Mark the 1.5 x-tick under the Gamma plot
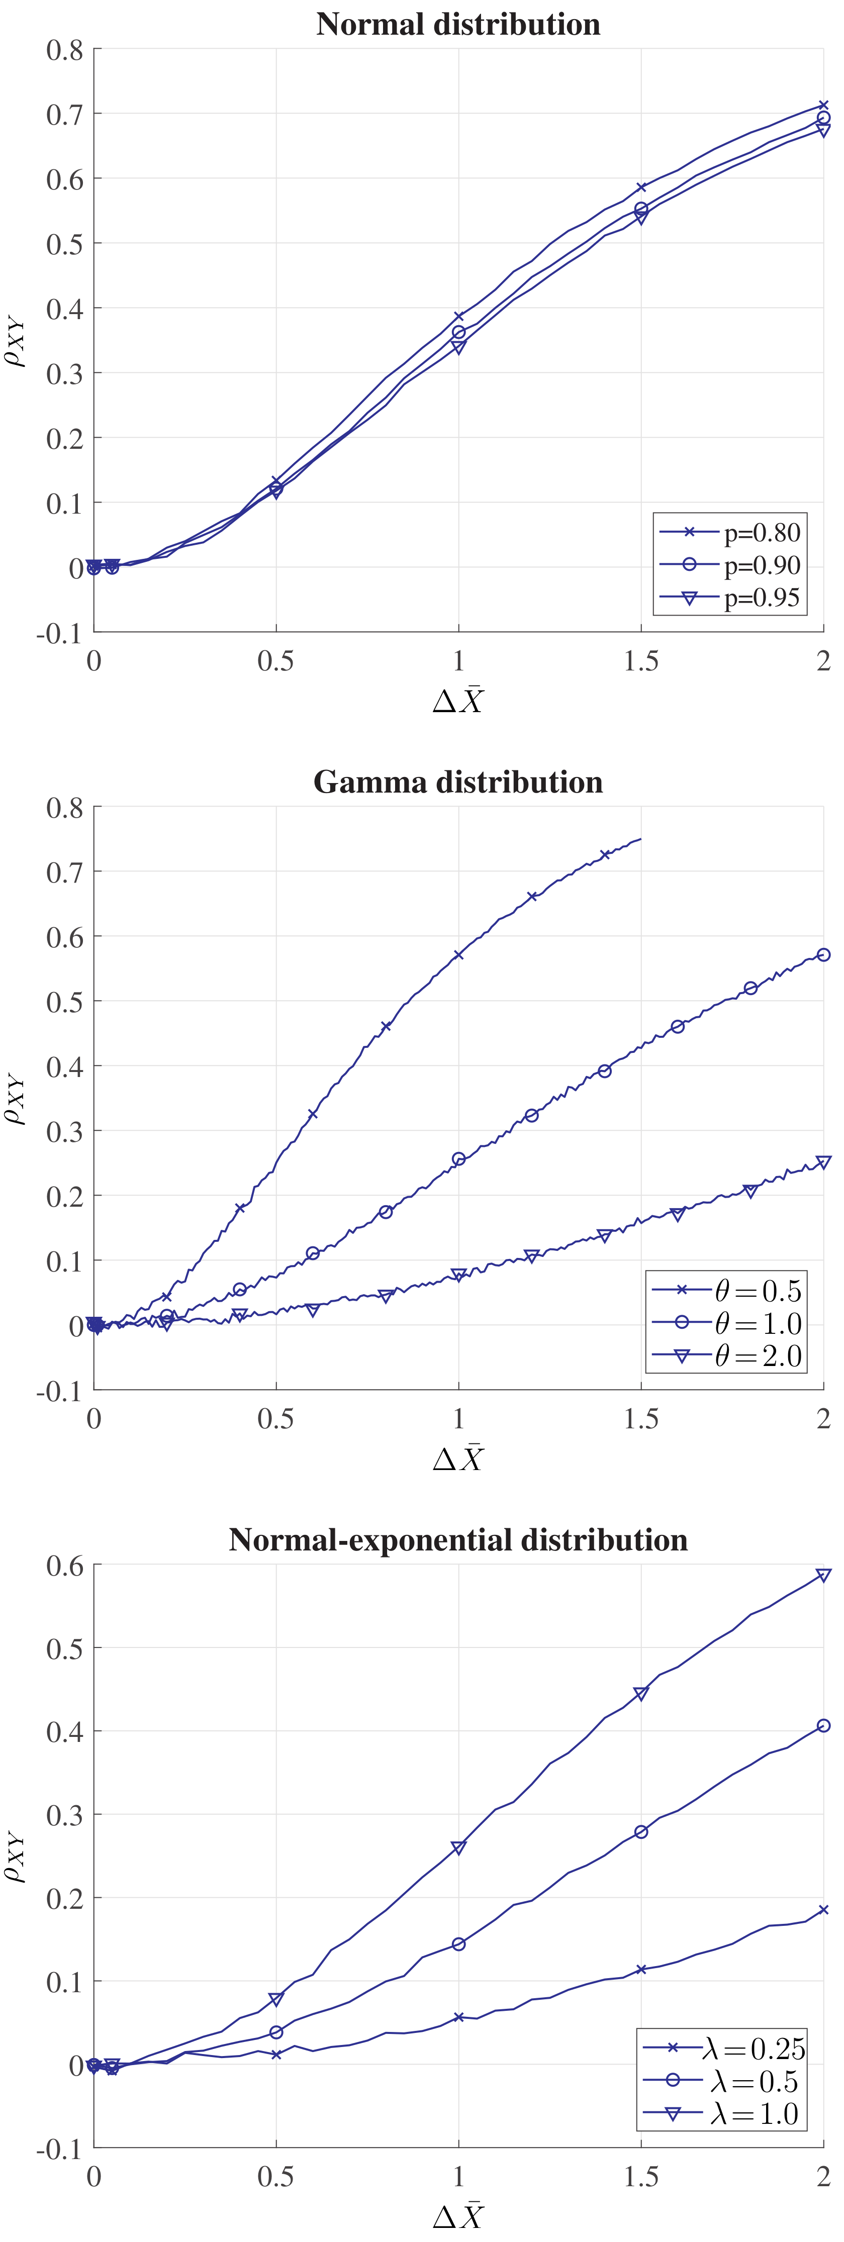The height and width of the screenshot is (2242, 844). pos(641,1419)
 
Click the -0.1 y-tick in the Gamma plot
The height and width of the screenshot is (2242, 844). pos(59,1391)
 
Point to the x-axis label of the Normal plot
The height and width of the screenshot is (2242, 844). pos(458,701)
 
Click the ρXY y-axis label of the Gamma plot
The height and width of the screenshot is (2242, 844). pos(16,1098)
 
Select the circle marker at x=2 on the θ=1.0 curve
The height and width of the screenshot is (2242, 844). pos(823,955)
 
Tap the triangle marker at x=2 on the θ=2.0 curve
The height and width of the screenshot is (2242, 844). pos(823,1163)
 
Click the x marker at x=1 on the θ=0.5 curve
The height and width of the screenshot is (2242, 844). pos(458,955)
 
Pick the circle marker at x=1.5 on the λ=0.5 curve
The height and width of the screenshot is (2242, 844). pos(641,1832)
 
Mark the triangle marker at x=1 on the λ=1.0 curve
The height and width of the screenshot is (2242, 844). pos(458,1848)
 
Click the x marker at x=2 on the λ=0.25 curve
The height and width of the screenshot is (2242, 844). pos(823,1910)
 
